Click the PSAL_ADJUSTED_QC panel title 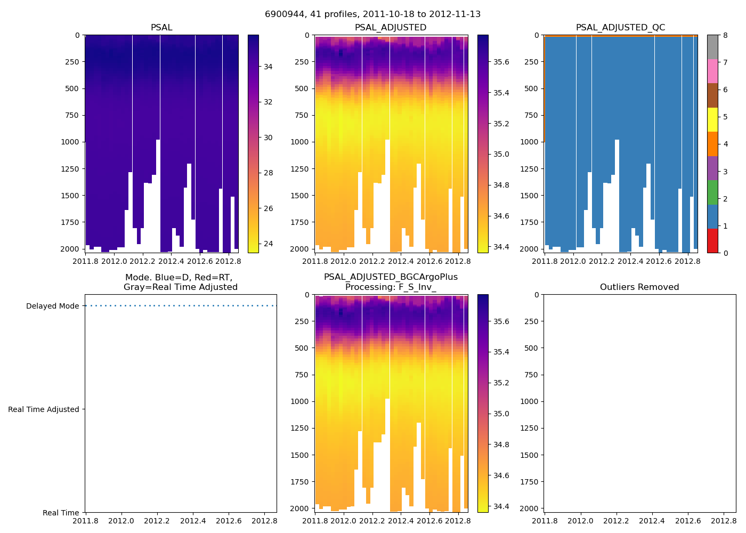(620, 28)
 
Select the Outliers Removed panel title (639, 287)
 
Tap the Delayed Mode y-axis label (52, 306)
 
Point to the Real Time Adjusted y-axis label (43, 409)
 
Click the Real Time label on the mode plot (61, 513)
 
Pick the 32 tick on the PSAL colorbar (268, 102)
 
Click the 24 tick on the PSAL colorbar (268, 244)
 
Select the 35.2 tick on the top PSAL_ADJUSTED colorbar (501, 124)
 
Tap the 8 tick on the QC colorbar (725, 35)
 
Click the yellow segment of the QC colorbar (712, 120)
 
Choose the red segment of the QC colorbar (712, 241)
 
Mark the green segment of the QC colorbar (712, 192)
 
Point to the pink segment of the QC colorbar (712, 71)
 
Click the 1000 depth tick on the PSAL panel (72, 142)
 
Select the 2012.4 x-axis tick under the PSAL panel (172, 262)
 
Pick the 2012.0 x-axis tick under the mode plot (121, 521)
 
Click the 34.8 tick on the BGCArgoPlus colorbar (501, 445)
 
